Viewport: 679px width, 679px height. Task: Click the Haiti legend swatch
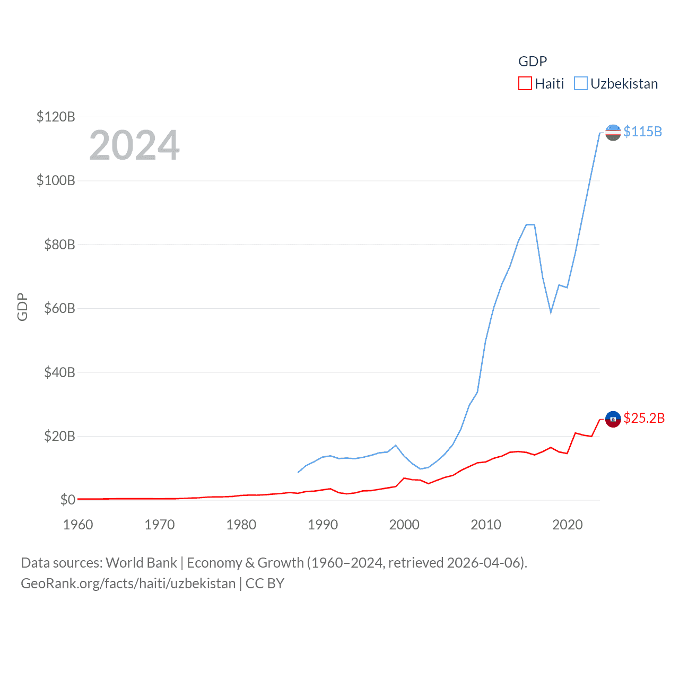tap(525, 84)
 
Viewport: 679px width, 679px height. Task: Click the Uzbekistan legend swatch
tap(581, 84)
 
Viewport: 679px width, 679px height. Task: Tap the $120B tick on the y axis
tap(56, 117)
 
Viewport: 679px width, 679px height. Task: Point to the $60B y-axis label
tap(59, 308)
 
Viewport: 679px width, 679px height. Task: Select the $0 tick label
tap(68, 500)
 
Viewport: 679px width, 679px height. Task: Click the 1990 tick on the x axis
tap(323, 525)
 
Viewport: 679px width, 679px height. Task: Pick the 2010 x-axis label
tap(486, 525)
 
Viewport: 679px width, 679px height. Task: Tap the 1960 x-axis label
tap(78, 525)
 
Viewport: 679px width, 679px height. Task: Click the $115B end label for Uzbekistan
tap(642, 132)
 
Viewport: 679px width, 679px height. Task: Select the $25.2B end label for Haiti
tap(644, 418)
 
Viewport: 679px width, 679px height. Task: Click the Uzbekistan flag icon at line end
tap(613, 133)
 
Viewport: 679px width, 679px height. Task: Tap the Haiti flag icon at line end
tap(613, 419)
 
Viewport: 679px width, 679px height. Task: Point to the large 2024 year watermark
tap(134, 145)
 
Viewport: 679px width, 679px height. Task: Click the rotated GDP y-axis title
tap(22, 307)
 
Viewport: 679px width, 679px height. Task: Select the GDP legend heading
tap(532, 62)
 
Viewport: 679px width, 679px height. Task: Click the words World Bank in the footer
tap(142, 562)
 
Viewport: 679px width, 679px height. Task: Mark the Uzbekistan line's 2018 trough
tap(551, 312)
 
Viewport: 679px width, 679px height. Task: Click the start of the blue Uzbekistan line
tap(298, 472)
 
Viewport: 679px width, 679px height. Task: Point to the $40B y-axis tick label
tap(59, 372)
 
